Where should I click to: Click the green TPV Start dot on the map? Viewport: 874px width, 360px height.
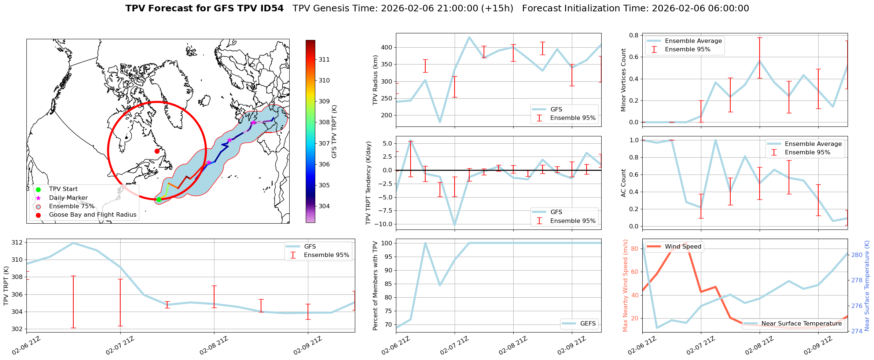click(x=159, y=199)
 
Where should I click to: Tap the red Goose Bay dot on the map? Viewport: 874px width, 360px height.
click(x=157, y=151)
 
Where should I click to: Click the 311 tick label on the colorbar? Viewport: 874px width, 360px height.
click(x=324, y=59)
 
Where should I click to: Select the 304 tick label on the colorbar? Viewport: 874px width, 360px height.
click(x=324, y=206)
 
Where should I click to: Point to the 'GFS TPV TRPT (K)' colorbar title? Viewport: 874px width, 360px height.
click(x=334, y=132)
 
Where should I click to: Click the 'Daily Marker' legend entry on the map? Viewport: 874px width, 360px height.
click(x=68, y=198)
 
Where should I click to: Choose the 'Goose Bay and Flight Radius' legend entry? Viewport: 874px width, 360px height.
click(x=92, y=215)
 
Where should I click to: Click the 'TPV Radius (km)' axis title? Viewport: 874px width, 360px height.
click(x=375, y=80)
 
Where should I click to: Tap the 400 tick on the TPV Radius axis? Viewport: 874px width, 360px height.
click(x=387, y=47)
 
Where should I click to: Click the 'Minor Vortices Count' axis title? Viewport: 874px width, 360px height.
click(x=623, y=80)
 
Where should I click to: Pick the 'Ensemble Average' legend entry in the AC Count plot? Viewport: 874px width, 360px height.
click(x=813, y=144)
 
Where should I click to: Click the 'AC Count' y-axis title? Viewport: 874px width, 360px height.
click(x=623, y=183)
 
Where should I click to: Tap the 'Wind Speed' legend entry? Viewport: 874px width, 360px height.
click(x=683, y=246)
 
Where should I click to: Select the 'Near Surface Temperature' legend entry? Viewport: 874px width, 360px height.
click(x=801, y=323)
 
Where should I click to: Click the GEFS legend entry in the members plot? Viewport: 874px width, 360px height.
click(x=588, y=323)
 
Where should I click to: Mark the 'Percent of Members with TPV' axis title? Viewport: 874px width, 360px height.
click(x=375, y=286)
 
